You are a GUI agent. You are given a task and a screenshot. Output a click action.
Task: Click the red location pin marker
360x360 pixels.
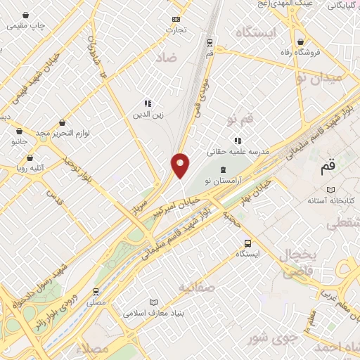(181, 165)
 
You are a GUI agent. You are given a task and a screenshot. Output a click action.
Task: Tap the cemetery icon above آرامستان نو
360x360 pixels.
(224, 169)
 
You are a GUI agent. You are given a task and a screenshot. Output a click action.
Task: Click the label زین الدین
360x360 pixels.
(148, 112)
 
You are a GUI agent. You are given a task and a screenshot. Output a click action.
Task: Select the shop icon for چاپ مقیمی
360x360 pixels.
(26, 15)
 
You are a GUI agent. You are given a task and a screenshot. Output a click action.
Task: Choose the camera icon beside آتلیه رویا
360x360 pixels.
(7, 168)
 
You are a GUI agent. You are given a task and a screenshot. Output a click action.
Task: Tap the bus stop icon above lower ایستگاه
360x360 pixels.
(246, 243)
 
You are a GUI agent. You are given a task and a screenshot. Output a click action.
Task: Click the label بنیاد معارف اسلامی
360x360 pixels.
(153, 312)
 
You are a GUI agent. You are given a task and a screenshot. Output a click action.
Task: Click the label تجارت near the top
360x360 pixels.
(176, 30)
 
